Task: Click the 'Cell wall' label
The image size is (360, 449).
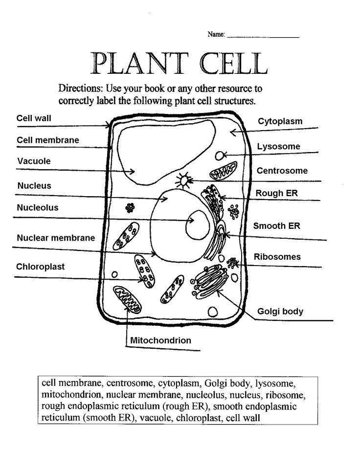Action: pyautogui.click(x=34, y=118)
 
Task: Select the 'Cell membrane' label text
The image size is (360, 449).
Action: pyautogui.click(x=48, y=140)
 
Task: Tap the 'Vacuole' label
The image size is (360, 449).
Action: pyautogui.click(x=34, y=161)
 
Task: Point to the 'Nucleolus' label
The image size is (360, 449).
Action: pyautogui.click(x=38, y=208)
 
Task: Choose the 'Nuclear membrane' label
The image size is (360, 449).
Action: pyautogui.click(x=56, y=238)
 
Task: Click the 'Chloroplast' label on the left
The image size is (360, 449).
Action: pyautogui.click(x=41, y=267)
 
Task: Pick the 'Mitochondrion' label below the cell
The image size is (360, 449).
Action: pyautogui.click(x=160, y=340)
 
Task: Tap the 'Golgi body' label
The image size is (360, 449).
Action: pyautogui.click(x=280, y=312)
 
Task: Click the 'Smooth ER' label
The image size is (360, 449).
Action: pyautogui.click(x=276, y=226)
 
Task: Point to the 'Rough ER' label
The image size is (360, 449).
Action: pyautogui.click(x=277, y=194)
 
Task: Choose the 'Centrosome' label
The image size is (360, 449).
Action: pyautogui.click(x=282, y=171)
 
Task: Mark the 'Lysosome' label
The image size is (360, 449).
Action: pyautogui.click(x=279, y=147)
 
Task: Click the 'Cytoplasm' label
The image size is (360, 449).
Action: pyautogui.click(x=280, y=121)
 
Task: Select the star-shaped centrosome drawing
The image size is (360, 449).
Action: pyautogui.click(x=184, y=181)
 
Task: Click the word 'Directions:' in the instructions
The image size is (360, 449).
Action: pyautogui.click(x=80, y=89)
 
